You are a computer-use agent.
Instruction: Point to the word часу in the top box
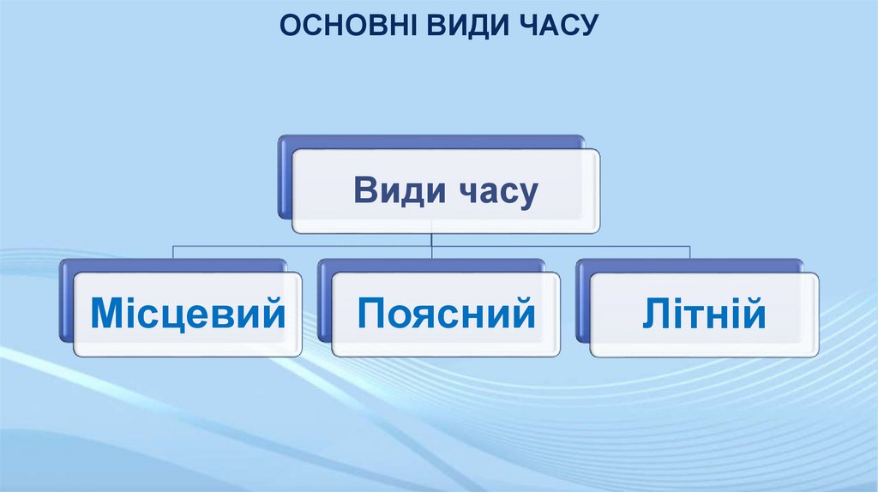pyautogui.click(x=496, y=192)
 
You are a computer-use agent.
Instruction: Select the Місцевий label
pyautogui.click(x=188, y=314)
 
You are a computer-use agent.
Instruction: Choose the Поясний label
pyautogui.click(x=446, y=314)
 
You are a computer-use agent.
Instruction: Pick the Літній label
pyautogui.click(x=703, y=314)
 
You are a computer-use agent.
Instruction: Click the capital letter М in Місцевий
pyautogui.click(x=107, y=314)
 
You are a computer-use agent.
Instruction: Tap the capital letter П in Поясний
pyautogui.click(x=370, y=314)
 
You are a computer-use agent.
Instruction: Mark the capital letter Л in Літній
pyautogui.click(x=654, y=314)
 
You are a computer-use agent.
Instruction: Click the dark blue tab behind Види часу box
pyautogui.click(x=284, y=180)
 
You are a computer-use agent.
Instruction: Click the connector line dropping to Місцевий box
pyautogui.click(x=174, y=252)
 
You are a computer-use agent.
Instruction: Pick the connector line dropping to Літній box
pyautogui.click(x=690, y=252)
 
